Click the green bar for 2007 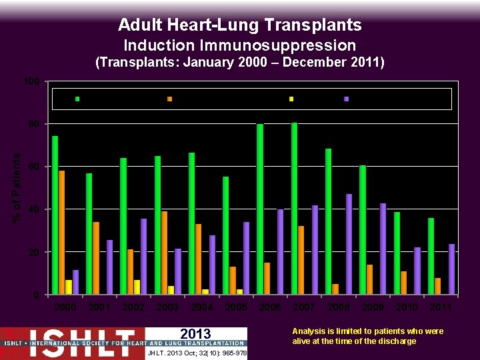click(294, 208)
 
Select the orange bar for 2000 click(61, 233)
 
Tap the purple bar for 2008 click(349, 244)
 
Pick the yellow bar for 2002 click(137, 287)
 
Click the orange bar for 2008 click(335, 289)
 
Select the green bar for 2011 click(431, 256)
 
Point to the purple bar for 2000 click(75, 282)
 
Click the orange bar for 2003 click(164, 253)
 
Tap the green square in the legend click(77, 99)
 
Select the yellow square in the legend click(291, 99)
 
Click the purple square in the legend click(346, 99)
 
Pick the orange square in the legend click(169, 99)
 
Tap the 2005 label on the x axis click(236, 307)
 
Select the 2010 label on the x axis click(407, 307)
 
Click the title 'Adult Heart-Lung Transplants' click(240, 25)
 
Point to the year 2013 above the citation click(195, 334)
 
